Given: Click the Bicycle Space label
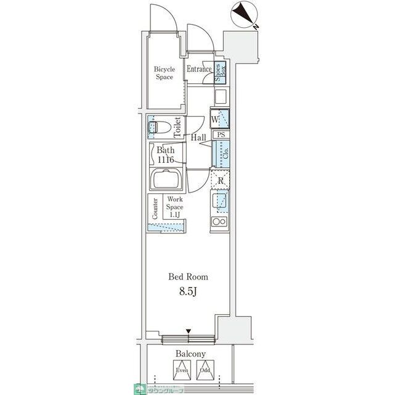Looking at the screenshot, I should pos(164,73).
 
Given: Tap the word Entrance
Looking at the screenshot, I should pos(199,69).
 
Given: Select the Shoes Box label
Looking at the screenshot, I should pos(221,73).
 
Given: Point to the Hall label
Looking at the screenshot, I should pos(198,138).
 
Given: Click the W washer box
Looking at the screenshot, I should pos(219,118).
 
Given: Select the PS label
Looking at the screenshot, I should pos(220,134).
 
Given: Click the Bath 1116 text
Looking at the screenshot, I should pos(165,155).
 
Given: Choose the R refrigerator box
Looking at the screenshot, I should pos(219,180).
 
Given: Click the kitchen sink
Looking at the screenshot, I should pos(219,201).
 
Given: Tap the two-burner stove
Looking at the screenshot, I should pos(219,222).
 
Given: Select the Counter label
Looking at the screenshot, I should pos(155,209).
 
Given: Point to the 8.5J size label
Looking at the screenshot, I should pos(189,291).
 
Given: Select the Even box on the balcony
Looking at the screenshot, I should pos(181,369).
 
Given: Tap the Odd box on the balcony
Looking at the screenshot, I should pos(204,369).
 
